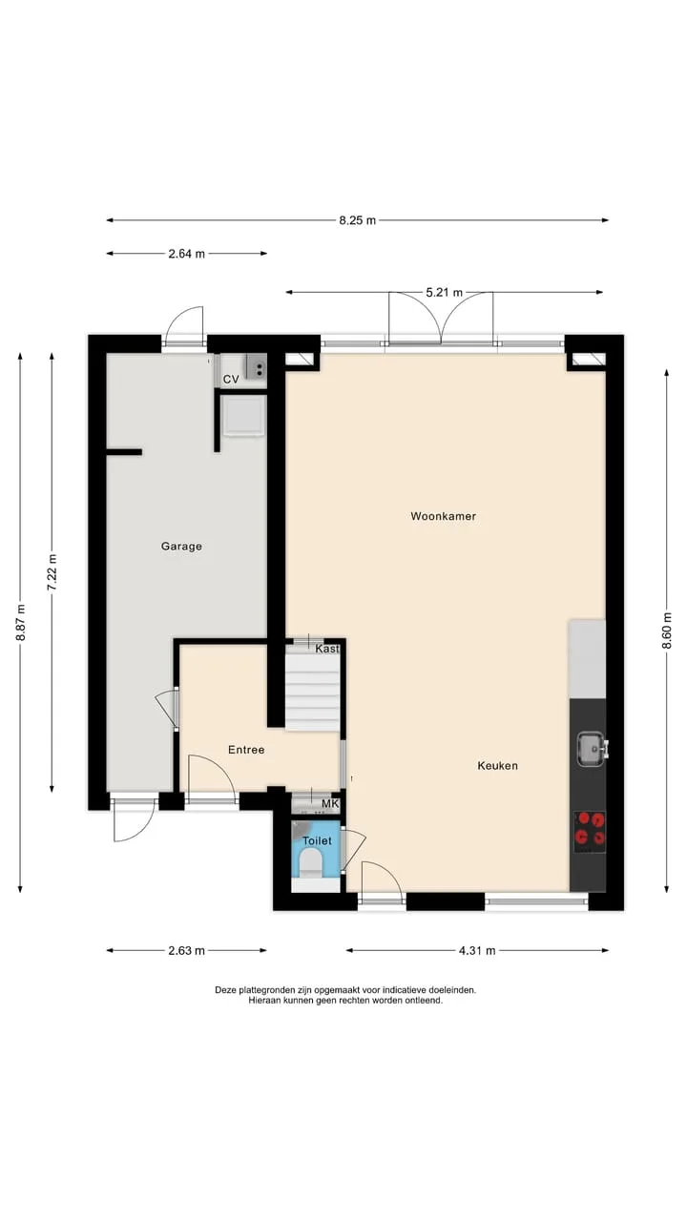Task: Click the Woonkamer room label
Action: point(444,516)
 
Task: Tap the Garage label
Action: point(181,547)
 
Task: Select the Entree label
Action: point(246,750)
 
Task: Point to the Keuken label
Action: point(498,765)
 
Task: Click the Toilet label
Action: point(317,840)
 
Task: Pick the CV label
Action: point(231,379)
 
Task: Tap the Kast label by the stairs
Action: point(327,649)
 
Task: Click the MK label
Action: point(330,803)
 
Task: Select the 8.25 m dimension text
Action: point(358,220)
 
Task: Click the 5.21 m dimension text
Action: point(445,292)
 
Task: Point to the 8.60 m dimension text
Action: point(667,631)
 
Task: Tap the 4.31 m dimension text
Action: point(477,951)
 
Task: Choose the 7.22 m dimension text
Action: point(52,571)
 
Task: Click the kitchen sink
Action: point(593,749)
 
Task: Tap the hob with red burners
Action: point(591,833)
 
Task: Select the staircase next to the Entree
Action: point(313,693)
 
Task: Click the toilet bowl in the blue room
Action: point(311,864)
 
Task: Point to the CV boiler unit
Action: point(255,366)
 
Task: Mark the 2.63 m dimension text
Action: point(186,951)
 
